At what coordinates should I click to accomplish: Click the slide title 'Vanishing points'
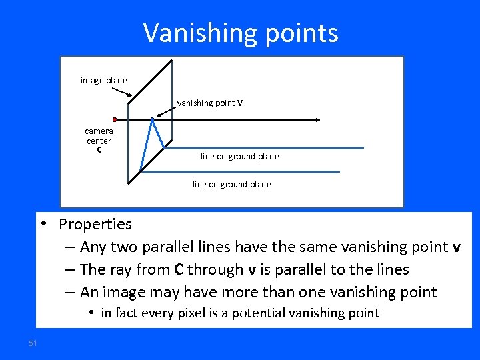241,33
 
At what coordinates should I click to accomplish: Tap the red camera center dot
115,120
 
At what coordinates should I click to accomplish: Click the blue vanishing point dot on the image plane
153,120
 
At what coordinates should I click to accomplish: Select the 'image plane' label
103,81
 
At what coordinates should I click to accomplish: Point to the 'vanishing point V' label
210,103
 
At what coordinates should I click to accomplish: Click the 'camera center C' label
99,141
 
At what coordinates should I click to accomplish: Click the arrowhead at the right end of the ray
319,120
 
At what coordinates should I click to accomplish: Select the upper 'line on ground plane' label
239,157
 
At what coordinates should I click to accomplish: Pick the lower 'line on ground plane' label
231,185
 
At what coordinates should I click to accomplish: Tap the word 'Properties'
95,224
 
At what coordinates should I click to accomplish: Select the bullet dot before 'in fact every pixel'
91,313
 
